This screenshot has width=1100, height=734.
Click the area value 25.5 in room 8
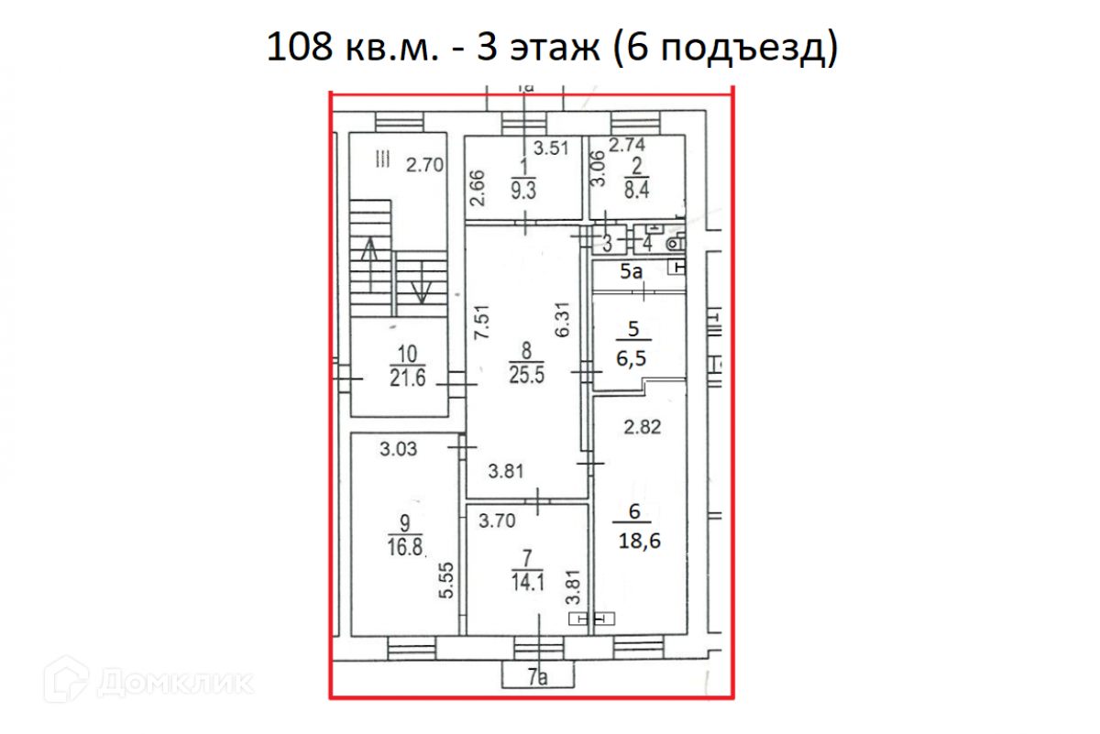(x=526, y=375)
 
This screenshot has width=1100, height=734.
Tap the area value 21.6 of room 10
(x=407, y=378)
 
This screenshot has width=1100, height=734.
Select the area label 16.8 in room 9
(x=404, y=547)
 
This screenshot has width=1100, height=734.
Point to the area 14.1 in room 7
(x=527, y=583)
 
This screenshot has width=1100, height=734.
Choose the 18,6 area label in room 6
(x=639, y=541)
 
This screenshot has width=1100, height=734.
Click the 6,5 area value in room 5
(x=631, y=358)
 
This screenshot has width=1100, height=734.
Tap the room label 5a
(x=631, y=271)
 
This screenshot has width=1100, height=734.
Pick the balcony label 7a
(x=537, y=677)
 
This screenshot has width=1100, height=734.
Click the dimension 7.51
(x=482, y=322)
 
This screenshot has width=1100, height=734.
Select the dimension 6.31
(x=562, y=320)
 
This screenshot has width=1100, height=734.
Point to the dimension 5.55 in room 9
(x=445, y=581)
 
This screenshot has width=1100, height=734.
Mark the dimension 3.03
(x=398, y=449)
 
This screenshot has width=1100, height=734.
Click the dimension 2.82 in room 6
(x=643, y=427)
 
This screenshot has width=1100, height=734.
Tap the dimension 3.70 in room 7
(x=497, y=520)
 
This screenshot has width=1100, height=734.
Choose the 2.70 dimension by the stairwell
(x=424, y=165)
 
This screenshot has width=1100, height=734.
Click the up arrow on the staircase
(x=369, y=265)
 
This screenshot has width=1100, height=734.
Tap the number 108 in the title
(x=299, y=47)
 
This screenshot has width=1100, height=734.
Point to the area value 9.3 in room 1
(x=523, y=191)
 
